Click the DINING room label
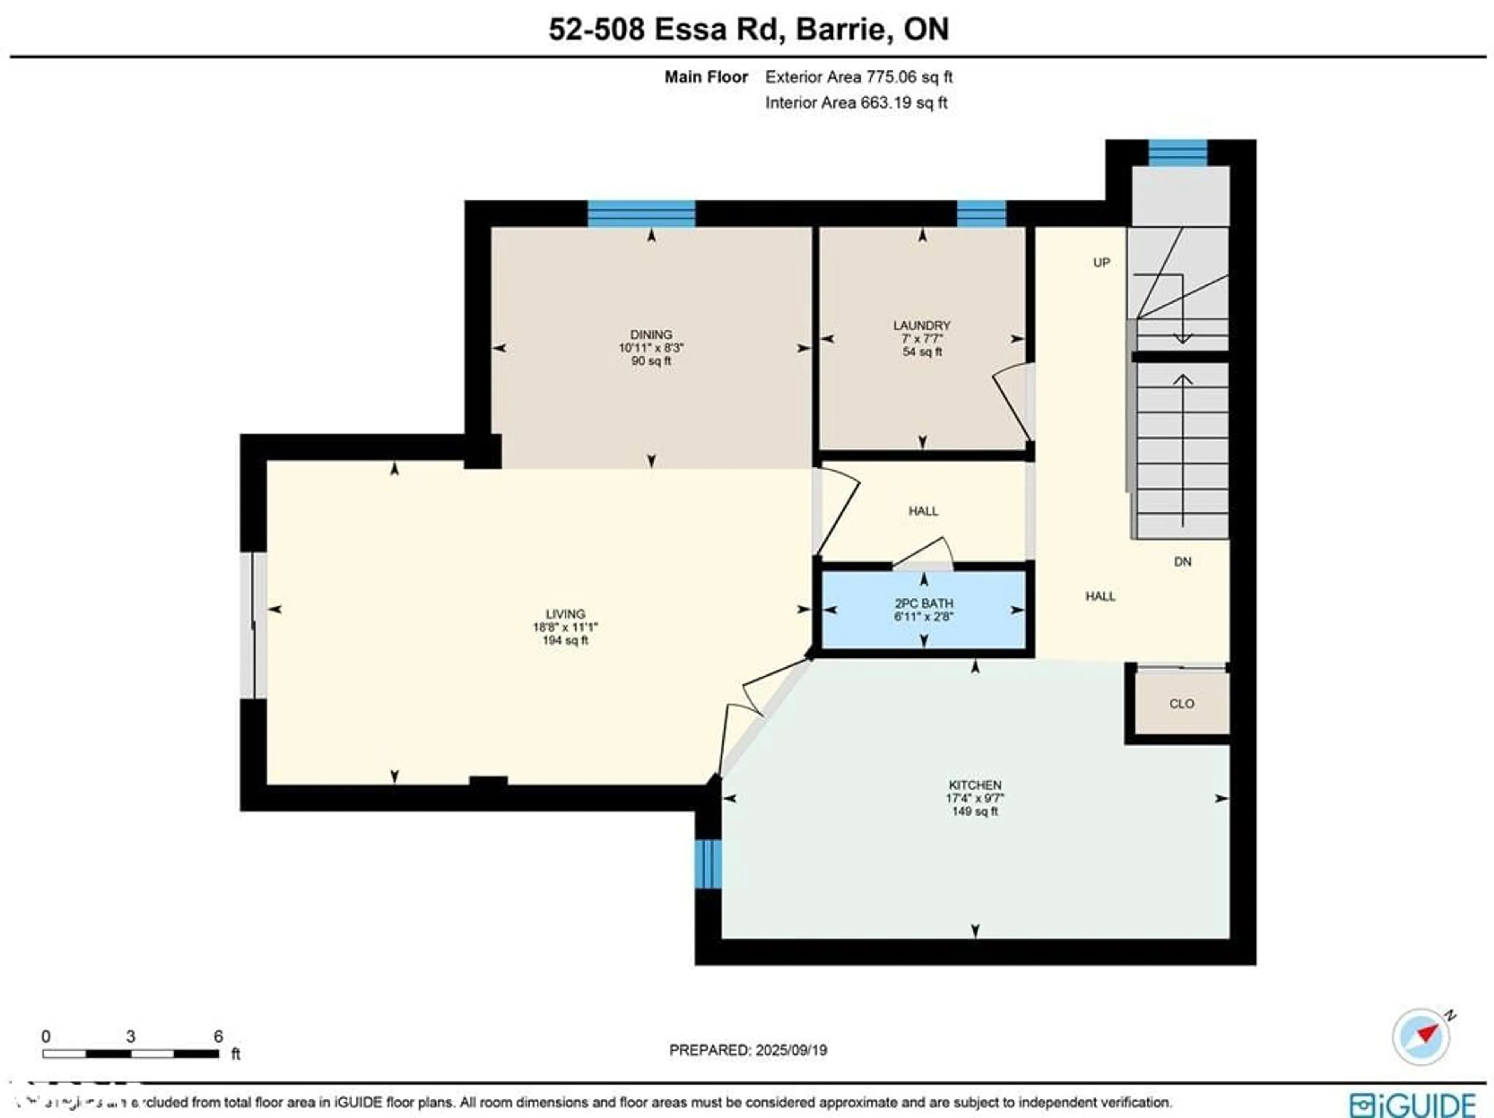pyautogui.click(x=651, y=334)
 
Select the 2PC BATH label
pyautogui.click(x=923, y=603)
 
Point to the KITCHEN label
pyautogui.click(x=975, y=785)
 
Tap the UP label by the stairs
pyautogui.click(x=1101, y=263)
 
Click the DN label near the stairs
pyautogui.click(x=1182, y=562)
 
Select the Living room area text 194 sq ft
pyautogui.click(x=565, y=641)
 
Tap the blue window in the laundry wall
pyautogui.click(x=981, y=214)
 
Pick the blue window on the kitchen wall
pyautogui.click(x=708, y=864)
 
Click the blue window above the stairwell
pyautogui.click(x=1178, y=153)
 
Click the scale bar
pyautogui.click(x=130, y=1053)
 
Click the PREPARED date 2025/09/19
pyautogui.click(x=748, y=1050)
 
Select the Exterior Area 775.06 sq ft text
pyautogui.click(x=858, y=77)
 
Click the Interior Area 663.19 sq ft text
pyautogui.click(x=856, y=103)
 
